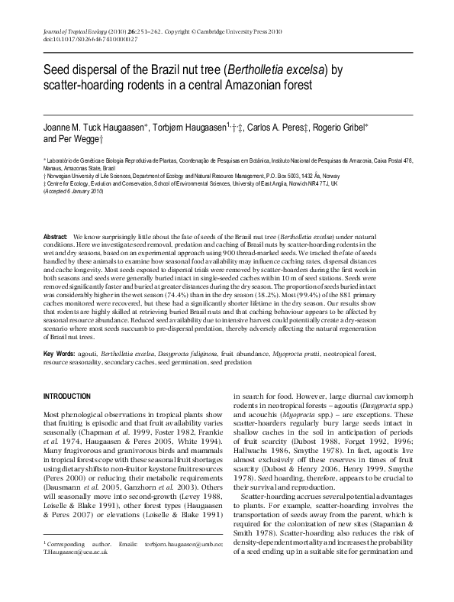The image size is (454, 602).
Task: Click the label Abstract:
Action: (57, 239)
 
